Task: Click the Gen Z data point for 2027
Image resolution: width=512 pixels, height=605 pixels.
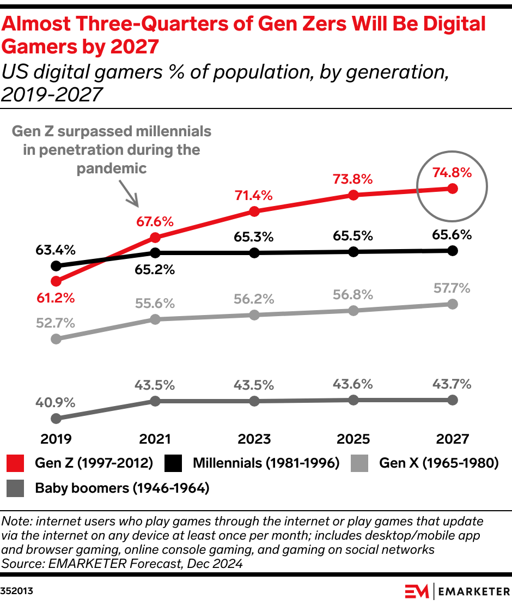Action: [x=452, y=189]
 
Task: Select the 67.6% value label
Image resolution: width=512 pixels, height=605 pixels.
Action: [x=155, y=222]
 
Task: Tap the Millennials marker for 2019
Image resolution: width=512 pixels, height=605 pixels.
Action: [x=56, y=266]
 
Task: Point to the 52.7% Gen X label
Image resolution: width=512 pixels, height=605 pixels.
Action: [x=56, y=323]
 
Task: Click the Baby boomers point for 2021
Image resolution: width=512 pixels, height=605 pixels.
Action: [x=155, y=401]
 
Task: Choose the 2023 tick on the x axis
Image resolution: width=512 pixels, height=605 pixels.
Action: [x=254, y=439]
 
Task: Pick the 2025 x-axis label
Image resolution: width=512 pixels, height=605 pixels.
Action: [x=353, y=439]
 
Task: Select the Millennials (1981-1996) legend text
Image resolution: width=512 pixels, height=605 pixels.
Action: [x=266, y=463]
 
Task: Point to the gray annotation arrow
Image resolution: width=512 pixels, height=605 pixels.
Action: [x=130, y=193]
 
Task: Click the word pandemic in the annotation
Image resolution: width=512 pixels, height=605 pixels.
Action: [x=112, y=168]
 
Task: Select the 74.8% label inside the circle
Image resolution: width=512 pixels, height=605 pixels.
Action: [x=452, y=173]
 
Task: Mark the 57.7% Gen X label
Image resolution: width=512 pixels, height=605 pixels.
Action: [x=452, y=288]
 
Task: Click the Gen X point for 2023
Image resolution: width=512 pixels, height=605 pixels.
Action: [x=254, y=315]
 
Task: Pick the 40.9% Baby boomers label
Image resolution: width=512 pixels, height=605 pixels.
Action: [x=56, y=403]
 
